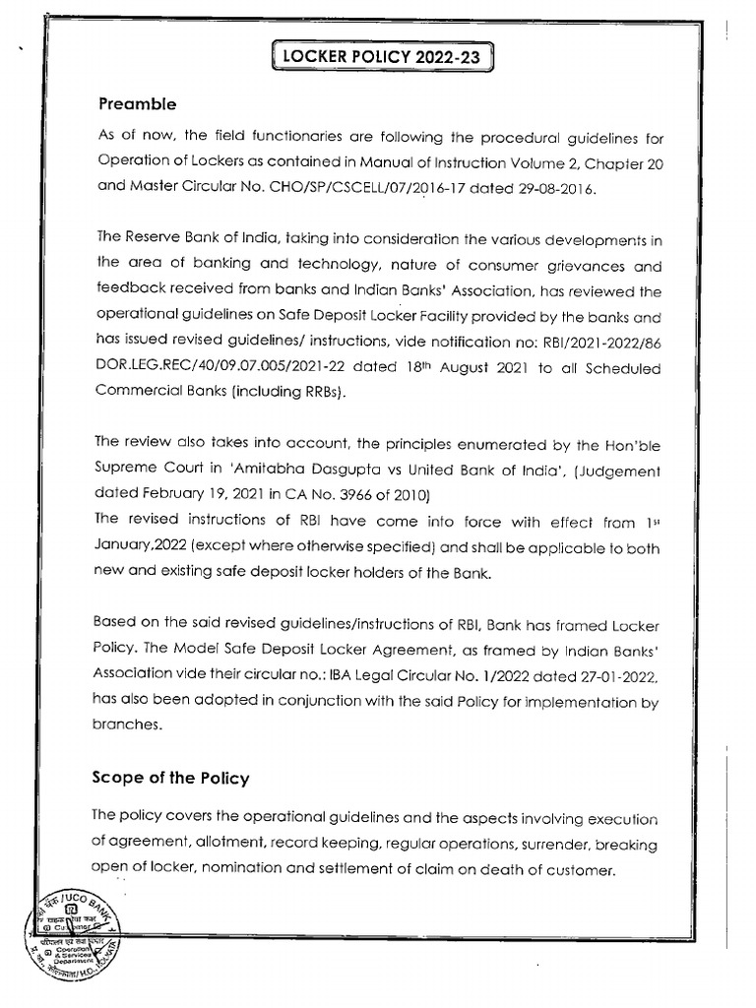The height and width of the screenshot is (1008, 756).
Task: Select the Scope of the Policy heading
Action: [170, 778]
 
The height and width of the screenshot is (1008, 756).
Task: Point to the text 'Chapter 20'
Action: [627, 165]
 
